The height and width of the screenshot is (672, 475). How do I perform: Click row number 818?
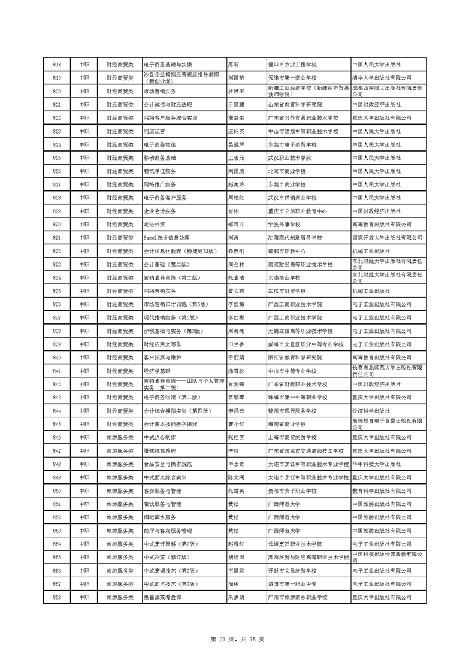click(58, 64)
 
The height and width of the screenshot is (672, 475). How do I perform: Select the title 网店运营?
click(155, 131)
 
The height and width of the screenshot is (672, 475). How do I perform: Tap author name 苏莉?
click(234, 64)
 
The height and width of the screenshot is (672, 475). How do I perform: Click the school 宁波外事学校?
click(286, 224)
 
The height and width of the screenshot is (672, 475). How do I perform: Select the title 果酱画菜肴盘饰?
click(164, 598)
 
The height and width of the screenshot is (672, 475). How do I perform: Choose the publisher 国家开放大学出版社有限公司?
click(382, 237)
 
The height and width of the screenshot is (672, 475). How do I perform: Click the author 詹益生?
click(236, 117)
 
